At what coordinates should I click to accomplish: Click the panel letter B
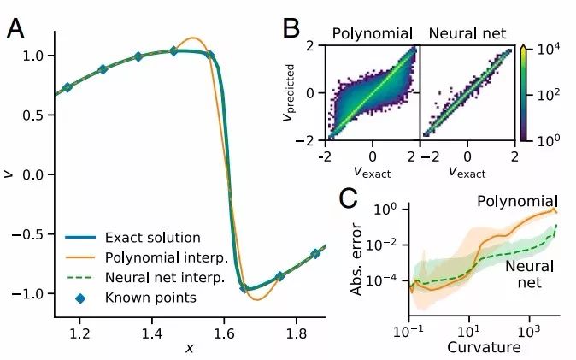click(x=291, y=27)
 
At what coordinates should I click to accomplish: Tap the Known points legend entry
click(x=137, y=298)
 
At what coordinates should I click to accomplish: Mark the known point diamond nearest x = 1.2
click(x=68, y=87)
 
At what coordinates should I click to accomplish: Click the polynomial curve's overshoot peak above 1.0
click(x=194, y=38)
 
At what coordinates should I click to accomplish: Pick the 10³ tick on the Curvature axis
click(x=530, y=331)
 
